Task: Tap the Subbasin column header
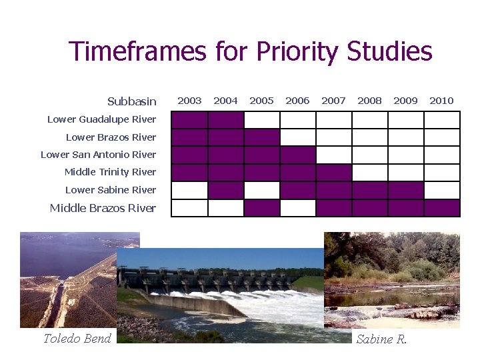pos(132,101)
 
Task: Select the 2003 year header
pos(189,101)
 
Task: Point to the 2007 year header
pos(333,101)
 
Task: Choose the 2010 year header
pos(441,101)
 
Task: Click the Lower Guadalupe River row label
pos(101,119)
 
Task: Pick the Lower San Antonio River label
pos(98,155)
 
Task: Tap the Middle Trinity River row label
pos(110,172)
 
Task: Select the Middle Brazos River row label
pos(103,208)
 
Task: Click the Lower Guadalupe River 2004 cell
pos(225,120)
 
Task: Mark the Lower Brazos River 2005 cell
pos(261,137)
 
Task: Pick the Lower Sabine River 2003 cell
pos(189,190)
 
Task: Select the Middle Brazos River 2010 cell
pos(441,208)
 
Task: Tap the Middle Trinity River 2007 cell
pos(333,173)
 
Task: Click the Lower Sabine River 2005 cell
pos(261,190)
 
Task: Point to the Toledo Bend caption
pos(77,339)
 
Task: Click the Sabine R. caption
pos(381,339)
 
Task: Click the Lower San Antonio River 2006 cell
pos(297,155)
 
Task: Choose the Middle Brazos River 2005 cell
pos(261,208)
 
